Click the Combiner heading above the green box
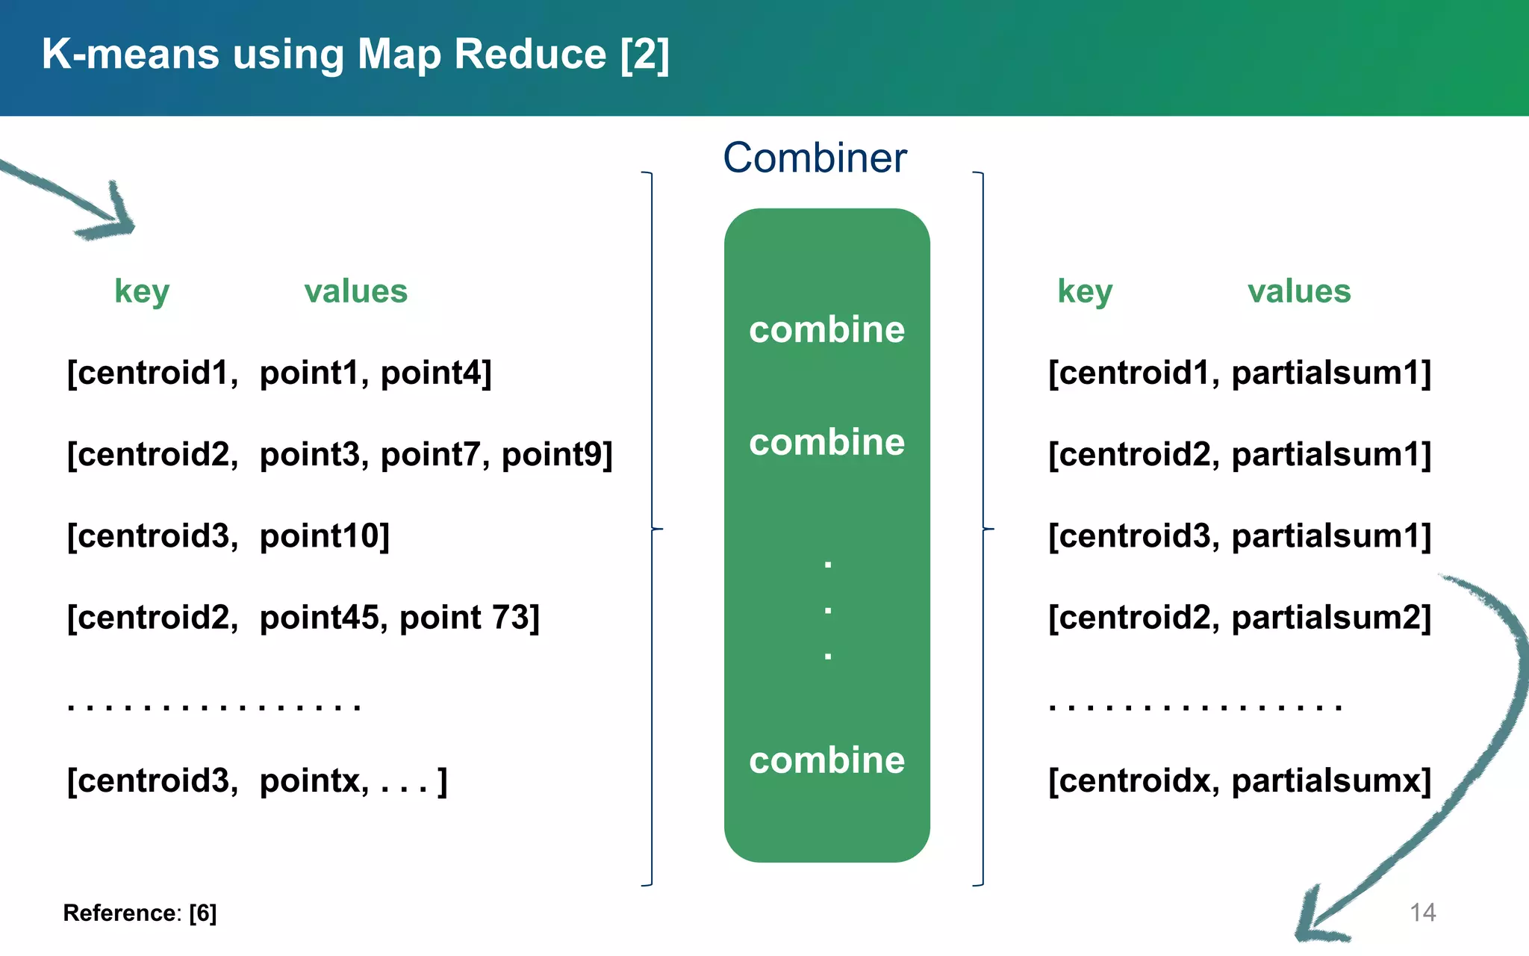[x=815, y=158]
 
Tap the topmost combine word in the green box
[x=826, y=329]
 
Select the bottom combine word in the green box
[x=826, y=760]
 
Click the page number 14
[x=1422, y=912]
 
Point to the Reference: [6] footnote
[x=140, y=913]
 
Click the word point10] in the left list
[x=325, y=536]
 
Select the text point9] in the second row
[x=557, y=455]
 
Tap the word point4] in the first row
[x=436, y=373]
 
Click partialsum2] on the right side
[x=1331, y=618]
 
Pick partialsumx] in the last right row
[x=1331, y=781]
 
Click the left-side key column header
[x=142, y=291]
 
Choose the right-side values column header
[x=1299, y=291]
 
